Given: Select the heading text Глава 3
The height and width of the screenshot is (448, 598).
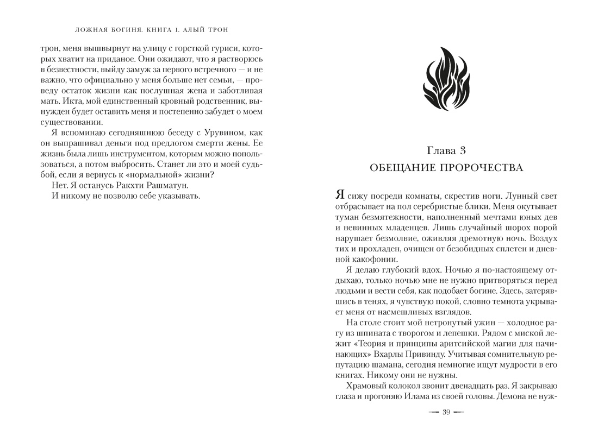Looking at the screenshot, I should point(446,149).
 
